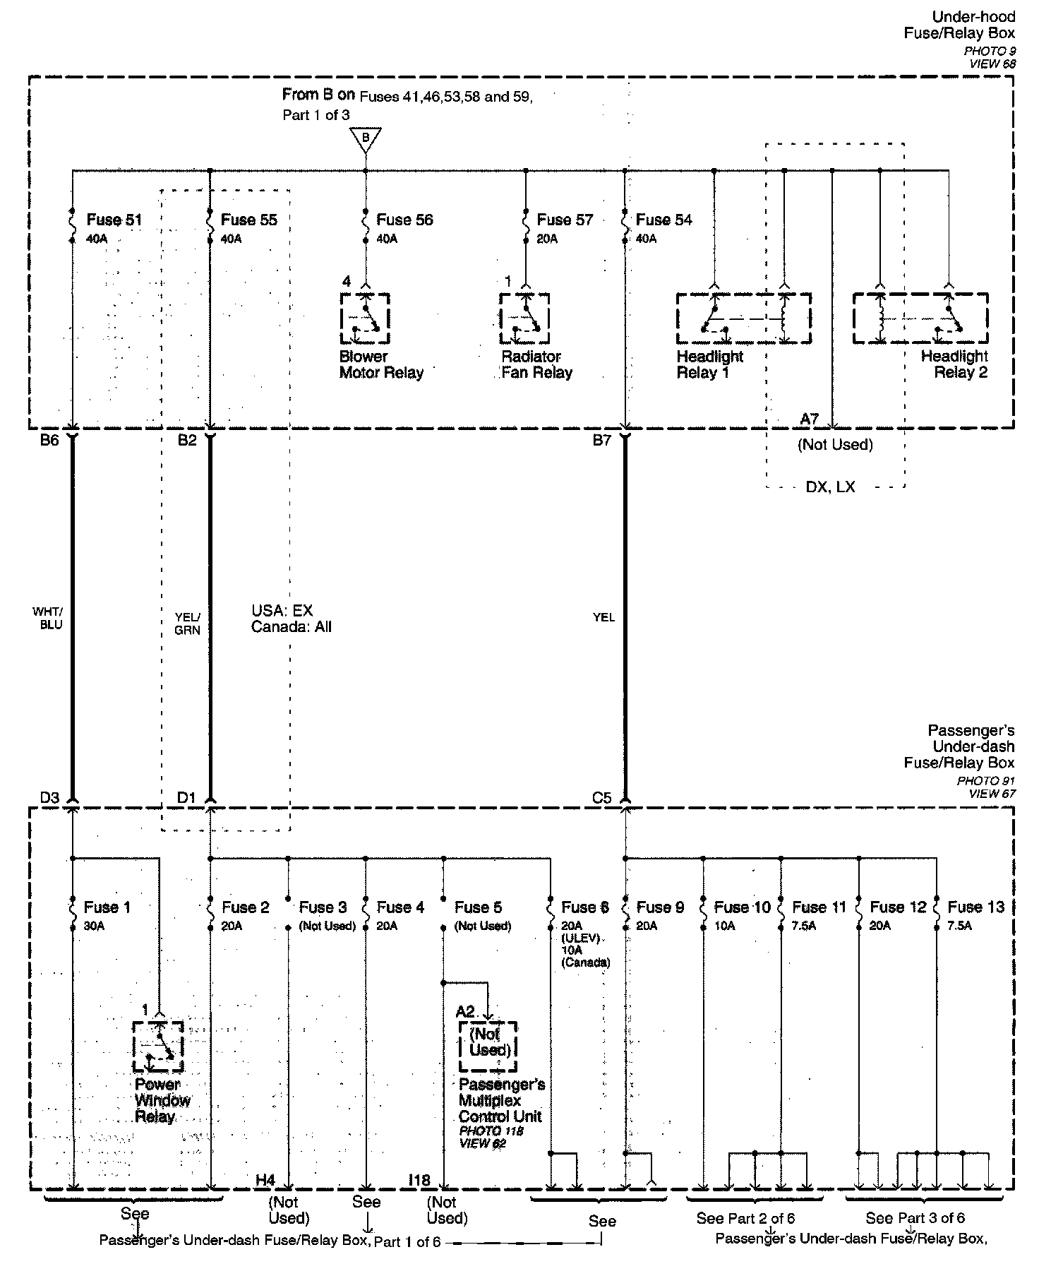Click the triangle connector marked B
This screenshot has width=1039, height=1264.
pyautogui.click(x=366, y=139)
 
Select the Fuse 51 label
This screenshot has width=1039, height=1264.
pyautogui.click(x=114, y=220)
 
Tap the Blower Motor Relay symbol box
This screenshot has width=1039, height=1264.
pyautogui.click(x=365, y=318)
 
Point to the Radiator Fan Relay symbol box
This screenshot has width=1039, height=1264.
pyautogui.click(x=524, y=318)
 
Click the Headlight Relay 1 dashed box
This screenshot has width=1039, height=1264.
pyautogui.click(x=743, y=318)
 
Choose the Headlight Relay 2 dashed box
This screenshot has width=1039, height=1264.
pyautogui.click(x=920, y=318)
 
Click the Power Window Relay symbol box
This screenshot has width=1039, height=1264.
pyautogui.click(x=158, y=1046)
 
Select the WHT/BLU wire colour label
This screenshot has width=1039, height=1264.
pyautogui.click(x=47, y=618)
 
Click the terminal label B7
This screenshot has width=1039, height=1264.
pyautogui.click(x=601, y=441)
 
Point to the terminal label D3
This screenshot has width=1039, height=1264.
pyautogui.click(x=49, y=798)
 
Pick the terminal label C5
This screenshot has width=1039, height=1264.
pyautogui.click(x=601, y=798)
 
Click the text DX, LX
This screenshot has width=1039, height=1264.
pyautogui.click(x=830, y=487)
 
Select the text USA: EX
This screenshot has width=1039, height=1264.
pyautogui.click(x=282, y=611)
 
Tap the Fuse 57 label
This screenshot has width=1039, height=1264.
pyautogui.click(x=565, y=220)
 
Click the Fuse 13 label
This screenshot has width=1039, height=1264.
pyautogui.click(x=975, y=907)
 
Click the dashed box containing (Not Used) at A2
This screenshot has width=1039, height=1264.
pyautogui.click(x=488, y=1046)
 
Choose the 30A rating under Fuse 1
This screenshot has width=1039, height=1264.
pyautogui.click(x=94, y=926)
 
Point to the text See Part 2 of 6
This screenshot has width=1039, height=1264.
pyautogui.click(x=745, y=1218)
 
